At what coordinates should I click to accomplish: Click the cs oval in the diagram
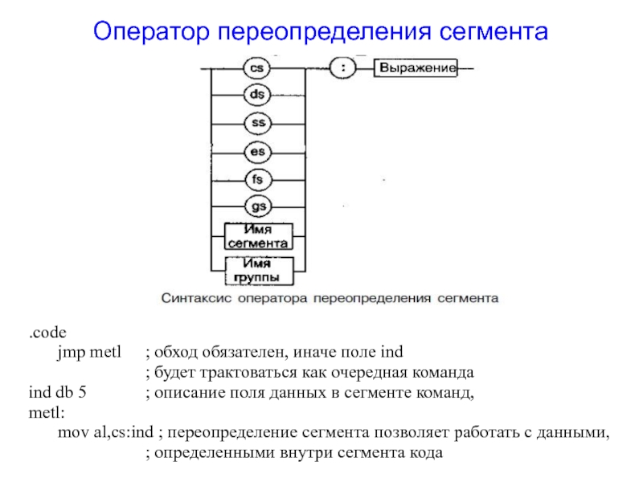pyautogui.click(x=257, y=69)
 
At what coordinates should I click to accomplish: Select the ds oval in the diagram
pyautogui.click(x=257, y=96)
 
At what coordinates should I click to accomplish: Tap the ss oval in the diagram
pyautogui.click(x=257, y=124)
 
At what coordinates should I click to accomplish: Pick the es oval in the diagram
pyautogui.click(x=257, y=151)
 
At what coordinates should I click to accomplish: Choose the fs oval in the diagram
pyautogui.click(x=257, y=178)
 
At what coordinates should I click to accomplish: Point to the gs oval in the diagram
pyautogui.click(x=257, y=206)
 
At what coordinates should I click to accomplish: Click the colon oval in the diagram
pyautogui.click(x=343, y=69)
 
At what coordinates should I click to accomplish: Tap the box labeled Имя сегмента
pyautogui.click(x=257, y=235)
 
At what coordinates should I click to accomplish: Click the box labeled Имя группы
pyautogui.click(x=257, y=270)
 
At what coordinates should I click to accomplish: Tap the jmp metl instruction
pyautogui.click(x=88, y=353)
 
